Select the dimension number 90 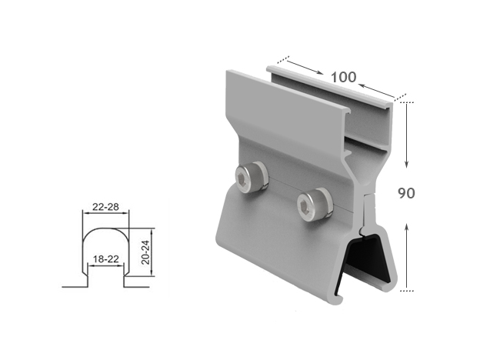tap(406, 192)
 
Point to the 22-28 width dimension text tap(105, 207)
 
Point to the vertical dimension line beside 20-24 tap(155, 251)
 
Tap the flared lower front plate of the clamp tap(277, 246)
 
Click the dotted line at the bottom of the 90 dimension tap(406, 292)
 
